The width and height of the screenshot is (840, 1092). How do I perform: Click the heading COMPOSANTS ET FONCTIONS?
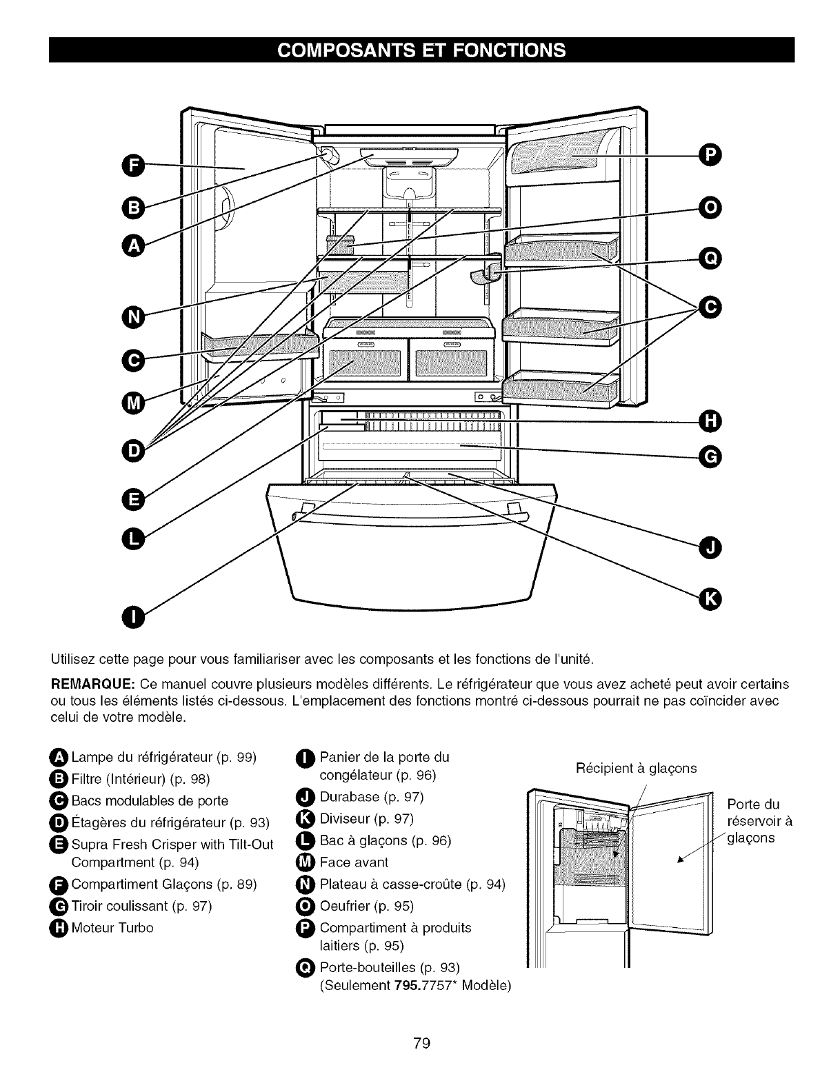coord(421,50)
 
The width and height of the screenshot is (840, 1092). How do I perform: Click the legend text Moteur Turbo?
coord(112,927)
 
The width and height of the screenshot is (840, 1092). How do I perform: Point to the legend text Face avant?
coord(354,862)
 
